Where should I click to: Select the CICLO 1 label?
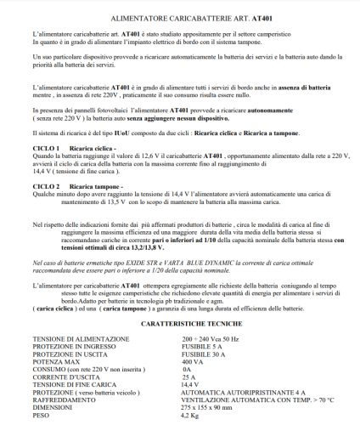pos(45,148)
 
